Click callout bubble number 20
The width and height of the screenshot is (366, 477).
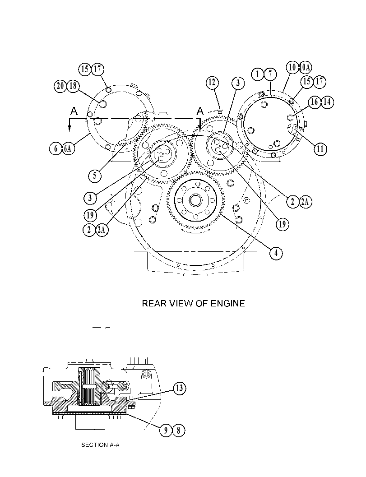[60, 86]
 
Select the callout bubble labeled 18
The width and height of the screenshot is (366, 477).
[73, 86]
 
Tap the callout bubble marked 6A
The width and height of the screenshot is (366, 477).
[68, 149]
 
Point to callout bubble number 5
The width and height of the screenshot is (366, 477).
[95, 176]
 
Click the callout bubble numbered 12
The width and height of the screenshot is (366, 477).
[212, 82]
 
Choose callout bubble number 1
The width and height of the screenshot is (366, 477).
[258, 74]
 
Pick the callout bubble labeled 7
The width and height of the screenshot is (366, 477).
[270, 74]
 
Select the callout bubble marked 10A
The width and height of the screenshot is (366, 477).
[305, 67]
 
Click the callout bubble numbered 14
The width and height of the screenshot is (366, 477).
[327, 102]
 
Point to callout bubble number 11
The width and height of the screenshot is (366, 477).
[320, 149]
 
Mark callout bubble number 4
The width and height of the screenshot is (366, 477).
[276, 253]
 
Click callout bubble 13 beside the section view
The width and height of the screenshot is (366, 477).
[179, 388]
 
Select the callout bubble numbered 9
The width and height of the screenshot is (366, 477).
[166, 431]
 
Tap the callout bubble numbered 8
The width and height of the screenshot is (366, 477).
[179, 431]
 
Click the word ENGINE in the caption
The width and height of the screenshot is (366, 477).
[227, 303]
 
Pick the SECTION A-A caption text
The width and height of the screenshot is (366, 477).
[100, 445]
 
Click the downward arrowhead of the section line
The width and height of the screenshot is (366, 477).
[69, 128]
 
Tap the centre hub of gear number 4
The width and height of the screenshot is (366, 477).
[195, 200]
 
